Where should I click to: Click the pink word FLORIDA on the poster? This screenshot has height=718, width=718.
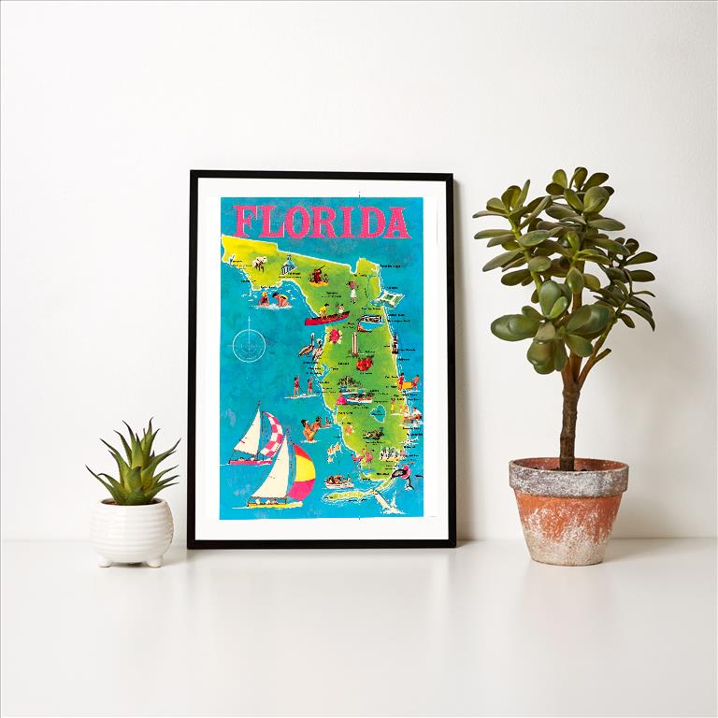[x=322, y=223]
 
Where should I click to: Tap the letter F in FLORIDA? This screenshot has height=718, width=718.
[x=246, y=223]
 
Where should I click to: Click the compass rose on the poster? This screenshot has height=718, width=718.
[x=250, y=342]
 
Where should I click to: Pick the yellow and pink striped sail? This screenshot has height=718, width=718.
[x=301, y=473]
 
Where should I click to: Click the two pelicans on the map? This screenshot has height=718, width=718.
[x=309, y=349]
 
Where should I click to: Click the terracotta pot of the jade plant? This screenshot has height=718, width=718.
[x=568, y=509]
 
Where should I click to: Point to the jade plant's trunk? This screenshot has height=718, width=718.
[x=567, y=411]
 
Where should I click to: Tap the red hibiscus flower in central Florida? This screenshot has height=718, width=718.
[x=363, y=361]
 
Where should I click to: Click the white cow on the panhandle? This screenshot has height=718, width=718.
[x=259, y=263]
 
